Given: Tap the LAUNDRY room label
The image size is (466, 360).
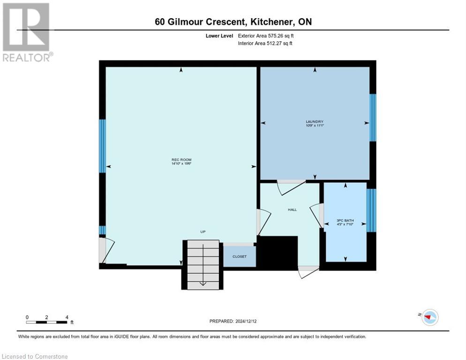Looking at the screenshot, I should coord(315,123).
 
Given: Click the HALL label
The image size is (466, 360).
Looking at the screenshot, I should coord(292,210).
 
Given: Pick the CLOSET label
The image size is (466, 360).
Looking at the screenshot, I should coord(240,256).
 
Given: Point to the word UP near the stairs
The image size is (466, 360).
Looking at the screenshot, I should coord(203,232).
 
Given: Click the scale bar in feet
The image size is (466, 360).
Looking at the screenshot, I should coord(47,322).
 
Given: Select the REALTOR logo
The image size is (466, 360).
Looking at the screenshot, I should coord(27,32).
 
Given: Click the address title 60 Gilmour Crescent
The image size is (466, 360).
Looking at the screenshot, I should coord(233,22).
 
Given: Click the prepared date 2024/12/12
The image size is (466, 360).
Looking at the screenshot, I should coord(233,321).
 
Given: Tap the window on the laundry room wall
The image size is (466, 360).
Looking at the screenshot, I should coord(373,118).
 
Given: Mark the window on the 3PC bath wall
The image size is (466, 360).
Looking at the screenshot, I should coord(371,210).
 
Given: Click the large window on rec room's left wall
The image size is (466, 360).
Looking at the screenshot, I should coord(102,146).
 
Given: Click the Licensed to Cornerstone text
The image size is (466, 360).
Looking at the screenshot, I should coord(35,357).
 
